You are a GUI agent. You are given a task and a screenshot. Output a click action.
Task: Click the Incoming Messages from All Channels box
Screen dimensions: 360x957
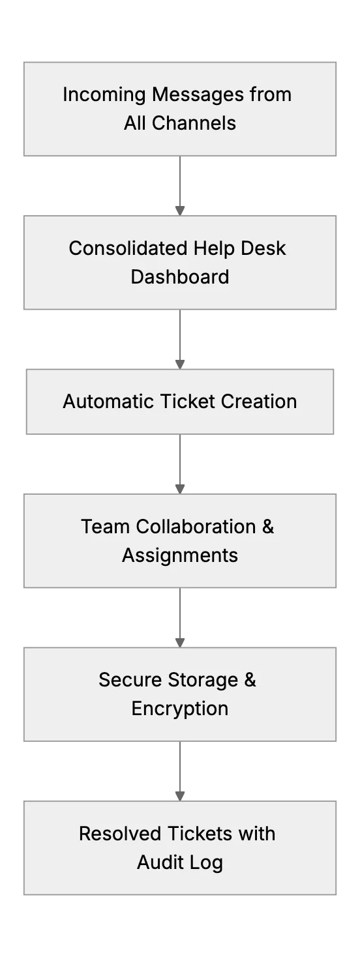pyautogui.click(x=180, y=109)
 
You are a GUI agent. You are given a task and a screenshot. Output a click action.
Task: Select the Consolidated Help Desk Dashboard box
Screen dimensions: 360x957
pyautogui.click(x=180, y=262)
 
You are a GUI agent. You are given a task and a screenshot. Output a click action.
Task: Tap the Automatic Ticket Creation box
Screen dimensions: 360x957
pyautogui.click(x=180, y=402)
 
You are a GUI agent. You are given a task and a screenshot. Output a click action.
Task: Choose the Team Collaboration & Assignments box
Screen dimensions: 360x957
pyautogui.click(x=180, y=541)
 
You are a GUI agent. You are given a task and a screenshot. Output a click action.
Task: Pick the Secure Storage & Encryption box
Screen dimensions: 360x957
pyautogui.click(x=180, y=694)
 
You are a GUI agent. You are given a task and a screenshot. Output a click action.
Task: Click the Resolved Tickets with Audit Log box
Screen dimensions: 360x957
pyautogui.click(x=180, y=847)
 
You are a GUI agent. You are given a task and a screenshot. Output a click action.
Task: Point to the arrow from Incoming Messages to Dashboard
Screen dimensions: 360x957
pyautogui.click(x=180, y=186)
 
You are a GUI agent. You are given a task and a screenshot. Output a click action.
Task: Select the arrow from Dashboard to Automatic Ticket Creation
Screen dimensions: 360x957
pyautogui.click(x=180, y=339)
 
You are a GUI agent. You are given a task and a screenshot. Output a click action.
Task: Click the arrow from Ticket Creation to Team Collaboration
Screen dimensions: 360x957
pyautogui.click(x=180, y=464)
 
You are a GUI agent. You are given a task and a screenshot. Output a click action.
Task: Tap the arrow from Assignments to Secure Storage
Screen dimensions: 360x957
pyautogui.click(x=180, y=618)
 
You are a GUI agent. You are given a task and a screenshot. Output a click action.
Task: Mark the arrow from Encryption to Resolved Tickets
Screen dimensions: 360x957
pyautogui.click(x=180, y=771)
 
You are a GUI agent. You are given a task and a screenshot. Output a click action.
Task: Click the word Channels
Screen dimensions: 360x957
pyautogui.click(x=194, y=123)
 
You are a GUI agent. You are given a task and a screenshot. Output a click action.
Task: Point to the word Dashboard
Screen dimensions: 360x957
pyautogui.click(x=180, y=277)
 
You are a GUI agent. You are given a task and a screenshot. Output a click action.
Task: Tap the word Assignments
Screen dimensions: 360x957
pyautogui.click(x=180, y=555)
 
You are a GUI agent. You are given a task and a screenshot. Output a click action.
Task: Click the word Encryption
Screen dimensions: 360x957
pyautogui.click(x=180, y=709)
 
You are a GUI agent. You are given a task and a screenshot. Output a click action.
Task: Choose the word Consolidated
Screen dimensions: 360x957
pyautogui.click(x=128, y=248)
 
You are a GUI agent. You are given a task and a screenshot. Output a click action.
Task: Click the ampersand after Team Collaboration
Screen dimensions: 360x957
pyautogui.click(x=268, y=527)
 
